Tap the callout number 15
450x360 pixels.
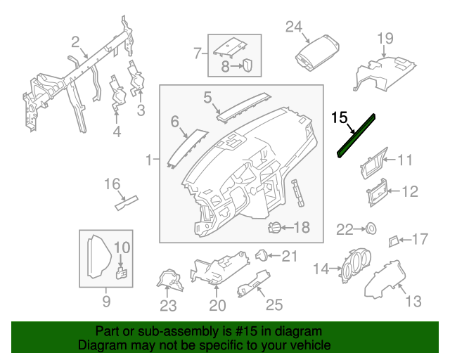tap(340, 117)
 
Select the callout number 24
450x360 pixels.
tap(293, 27)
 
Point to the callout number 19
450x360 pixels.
tap(385, 38)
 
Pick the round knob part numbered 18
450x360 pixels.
tap(276, 227)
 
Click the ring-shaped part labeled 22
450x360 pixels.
tap(368, 229)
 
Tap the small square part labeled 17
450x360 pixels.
tap(394, 241)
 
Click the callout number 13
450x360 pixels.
tap(413, 302)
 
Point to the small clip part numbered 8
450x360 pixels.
tap(247, 66)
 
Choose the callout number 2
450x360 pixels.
tap(75, 41)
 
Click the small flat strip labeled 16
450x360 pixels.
tap(127, 203)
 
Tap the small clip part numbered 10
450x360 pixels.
tap(121, 272)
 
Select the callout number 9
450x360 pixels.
tap(106, 302)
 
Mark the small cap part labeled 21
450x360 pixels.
tap(261, 255)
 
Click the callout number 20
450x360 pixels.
tap(217, 305)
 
